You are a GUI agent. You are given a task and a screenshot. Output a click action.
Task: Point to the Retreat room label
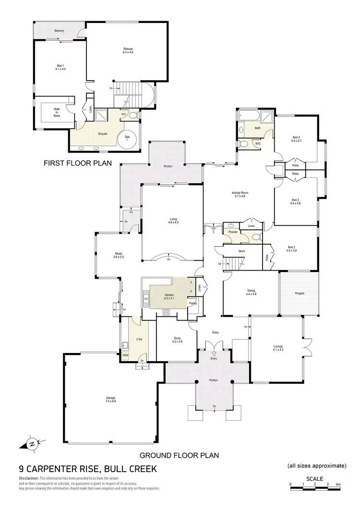tap(128, 50)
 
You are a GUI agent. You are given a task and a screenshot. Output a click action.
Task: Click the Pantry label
tap(192, 303)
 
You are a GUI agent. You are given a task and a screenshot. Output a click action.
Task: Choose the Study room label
tap(178, 340)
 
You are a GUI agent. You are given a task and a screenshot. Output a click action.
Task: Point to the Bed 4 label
tap(296, 139)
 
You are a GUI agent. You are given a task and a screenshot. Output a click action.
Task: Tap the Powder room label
tap(233, 232)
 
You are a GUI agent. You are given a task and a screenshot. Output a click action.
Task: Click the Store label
tap(242, 251)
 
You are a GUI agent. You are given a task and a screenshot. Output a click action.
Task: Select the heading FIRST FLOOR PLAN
tap(77, 163)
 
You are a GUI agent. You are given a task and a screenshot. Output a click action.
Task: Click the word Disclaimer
tap(28, 479)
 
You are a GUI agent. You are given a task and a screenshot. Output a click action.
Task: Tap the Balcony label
tap(59, 31)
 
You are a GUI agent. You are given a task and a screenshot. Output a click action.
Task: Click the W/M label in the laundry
tap(125, 355)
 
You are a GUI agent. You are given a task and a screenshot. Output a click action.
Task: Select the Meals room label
tap(119, 255)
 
